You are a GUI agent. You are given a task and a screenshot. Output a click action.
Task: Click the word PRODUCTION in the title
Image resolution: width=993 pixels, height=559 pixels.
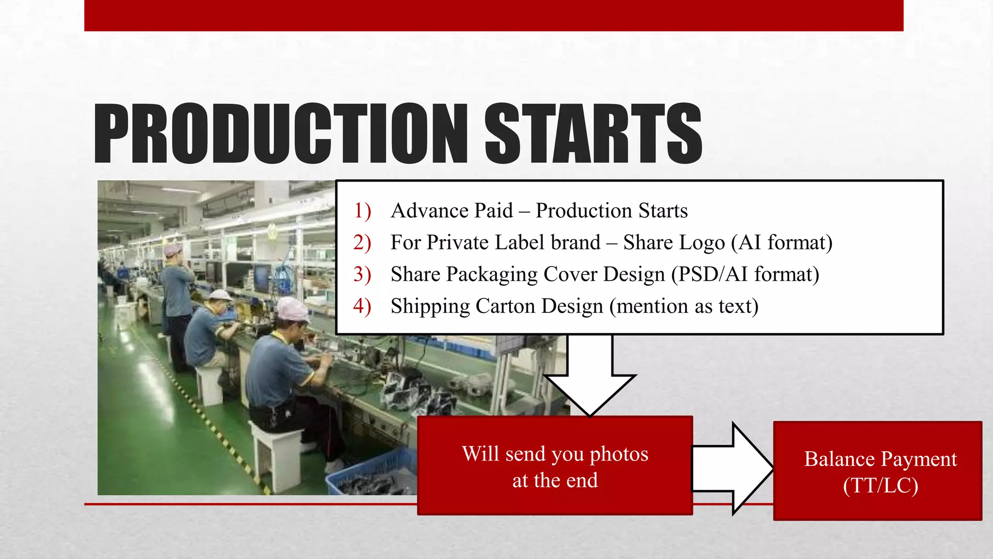[x=280, y=133]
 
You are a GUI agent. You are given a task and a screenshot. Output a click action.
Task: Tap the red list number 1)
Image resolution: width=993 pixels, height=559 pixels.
[x=362, y=211]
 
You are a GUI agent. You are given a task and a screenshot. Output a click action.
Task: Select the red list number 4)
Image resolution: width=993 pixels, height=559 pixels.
[x=362, y=306]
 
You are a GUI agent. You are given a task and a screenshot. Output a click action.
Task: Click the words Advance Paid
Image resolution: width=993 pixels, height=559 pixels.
[x=451, y=211]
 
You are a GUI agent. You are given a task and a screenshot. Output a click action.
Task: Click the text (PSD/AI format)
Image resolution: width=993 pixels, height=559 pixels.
[x=745, y=275]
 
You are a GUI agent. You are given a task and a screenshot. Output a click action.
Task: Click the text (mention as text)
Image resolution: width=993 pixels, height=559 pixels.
[x=684, y=306]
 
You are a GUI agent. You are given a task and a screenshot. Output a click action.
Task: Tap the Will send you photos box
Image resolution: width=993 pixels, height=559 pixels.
[x=555, y=466]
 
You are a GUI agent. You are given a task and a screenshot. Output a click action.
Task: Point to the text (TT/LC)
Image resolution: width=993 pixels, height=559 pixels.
[x=880, y=486]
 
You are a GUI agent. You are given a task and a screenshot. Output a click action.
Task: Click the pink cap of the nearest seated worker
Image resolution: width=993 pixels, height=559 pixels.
[x=292, y=310]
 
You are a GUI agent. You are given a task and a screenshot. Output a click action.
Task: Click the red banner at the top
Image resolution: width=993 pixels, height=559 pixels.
[x=494, y=16]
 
